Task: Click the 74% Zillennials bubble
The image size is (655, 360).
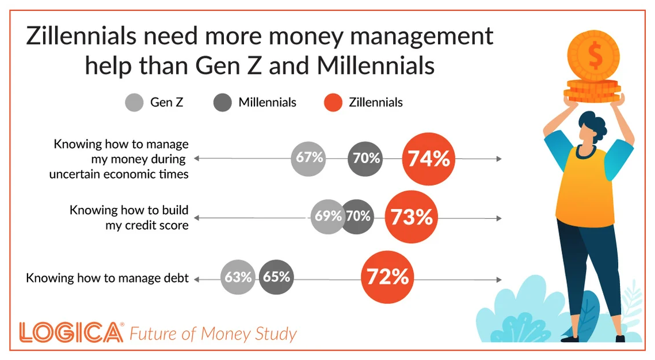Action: pos(429,159)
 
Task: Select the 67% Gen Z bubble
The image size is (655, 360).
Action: pos(309,159)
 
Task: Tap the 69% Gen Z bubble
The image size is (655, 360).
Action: pos(327,217)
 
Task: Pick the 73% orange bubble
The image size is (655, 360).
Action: pos(412,217)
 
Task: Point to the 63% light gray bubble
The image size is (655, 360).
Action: pos(238,277)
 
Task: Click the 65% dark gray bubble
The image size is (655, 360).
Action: pos(276,277)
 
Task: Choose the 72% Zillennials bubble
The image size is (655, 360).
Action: pos(388,277)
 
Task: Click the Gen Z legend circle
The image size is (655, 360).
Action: pos(135,103)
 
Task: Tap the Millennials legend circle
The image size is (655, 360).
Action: pos(223,103)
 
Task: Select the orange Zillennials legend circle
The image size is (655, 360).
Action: pos(333,103)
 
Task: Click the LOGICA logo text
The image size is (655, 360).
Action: pos(71,332)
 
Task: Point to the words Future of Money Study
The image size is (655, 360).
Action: pos(213,334)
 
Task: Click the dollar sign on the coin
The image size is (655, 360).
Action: pos(595,56)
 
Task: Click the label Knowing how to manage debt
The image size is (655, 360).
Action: pos(108,278)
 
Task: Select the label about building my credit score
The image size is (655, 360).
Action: pos(129,217)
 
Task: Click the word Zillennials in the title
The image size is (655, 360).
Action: pos(82,36)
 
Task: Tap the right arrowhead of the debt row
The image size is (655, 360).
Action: pos(499,279)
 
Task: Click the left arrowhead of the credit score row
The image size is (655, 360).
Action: pos(197,218)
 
